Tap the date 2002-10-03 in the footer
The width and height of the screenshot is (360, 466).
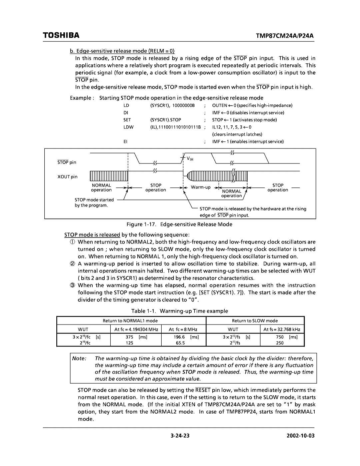click(302, 436)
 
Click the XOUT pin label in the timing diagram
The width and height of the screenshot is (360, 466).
click(68, 177)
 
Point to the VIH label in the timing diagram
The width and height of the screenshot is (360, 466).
click(190, 159)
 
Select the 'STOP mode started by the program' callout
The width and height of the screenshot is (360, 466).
click(94, 202)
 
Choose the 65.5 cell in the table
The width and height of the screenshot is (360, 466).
click(180, 343)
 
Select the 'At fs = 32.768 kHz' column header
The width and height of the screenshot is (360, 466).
click(282, 329)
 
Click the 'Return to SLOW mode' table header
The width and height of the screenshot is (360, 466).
click(255, 321)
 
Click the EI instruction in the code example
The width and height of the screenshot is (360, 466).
click(126, 141)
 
